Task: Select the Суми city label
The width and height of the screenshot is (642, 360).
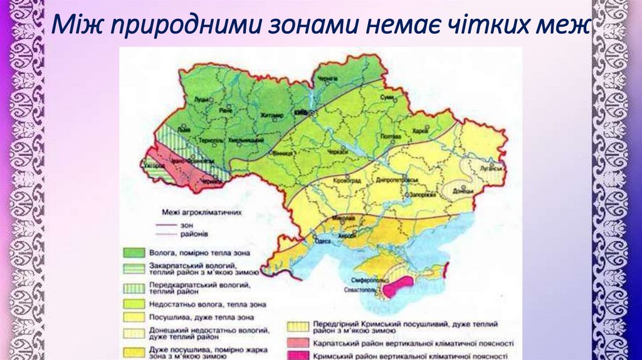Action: [388, 98]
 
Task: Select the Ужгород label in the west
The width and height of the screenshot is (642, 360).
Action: [155, 166]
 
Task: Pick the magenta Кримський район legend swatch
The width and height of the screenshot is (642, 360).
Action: [297, 355]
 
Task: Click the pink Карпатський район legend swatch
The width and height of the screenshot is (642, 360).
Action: [297, 343]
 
